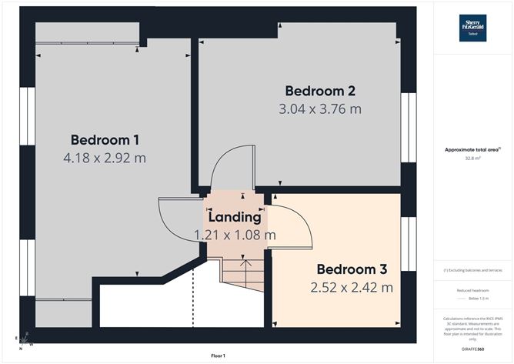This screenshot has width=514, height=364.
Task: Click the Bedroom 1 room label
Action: [105, 140]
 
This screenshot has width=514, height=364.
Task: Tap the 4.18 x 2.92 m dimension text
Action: [105, 158]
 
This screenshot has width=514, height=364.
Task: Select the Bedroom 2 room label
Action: [319, 91]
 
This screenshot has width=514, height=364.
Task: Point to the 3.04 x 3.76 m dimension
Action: [319, 109]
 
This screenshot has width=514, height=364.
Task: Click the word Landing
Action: [234, 218]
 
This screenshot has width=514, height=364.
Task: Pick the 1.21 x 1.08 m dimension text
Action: [234, 235]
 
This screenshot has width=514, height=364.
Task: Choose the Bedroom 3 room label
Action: [352, 270]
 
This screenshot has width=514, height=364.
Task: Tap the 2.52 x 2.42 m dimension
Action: [352, 288]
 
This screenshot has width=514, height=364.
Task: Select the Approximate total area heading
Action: [472, 150]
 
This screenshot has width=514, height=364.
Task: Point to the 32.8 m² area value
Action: [472, 159]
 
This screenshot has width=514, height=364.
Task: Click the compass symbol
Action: [25, 339]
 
